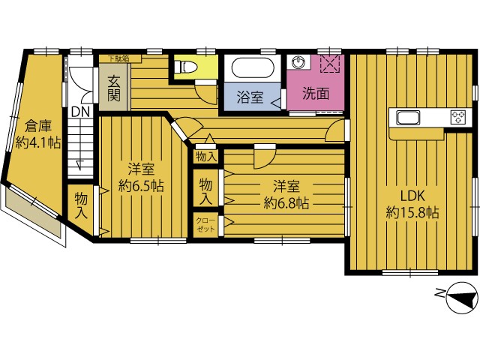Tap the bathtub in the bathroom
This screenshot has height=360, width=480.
[x=253, y=68]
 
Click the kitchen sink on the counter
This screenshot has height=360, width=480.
[x=408, y=118]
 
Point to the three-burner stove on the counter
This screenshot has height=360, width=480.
[x=458, y=118]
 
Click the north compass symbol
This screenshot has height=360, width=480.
[x=462, y=298]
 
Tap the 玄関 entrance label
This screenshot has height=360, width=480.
[x=113, y=89]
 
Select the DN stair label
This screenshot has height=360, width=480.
[x=80, y=112]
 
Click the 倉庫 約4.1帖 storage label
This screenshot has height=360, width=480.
[x=38, y=135]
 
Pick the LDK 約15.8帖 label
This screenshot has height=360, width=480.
[x=412, y=203]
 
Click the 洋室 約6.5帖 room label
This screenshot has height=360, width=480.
[x=141, y=178]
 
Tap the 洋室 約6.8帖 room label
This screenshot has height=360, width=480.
[x=286, y=194]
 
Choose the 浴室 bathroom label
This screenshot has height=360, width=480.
[x=250, y=97]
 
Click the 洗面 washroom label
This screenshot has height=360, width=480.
[x=316, y=94]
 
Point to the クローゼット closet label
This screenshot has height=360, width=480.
[x=205, y=225]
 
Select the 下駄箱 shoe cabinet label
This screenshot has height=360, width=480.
[x=118, y=58]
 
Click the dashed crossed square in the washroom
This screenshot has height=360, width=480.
[x=330, y=64]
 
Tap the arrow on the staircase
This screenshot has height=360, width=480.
[x=79, y=165]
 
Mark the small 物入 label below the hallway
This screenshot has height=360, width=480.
[x=206, y=157]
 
